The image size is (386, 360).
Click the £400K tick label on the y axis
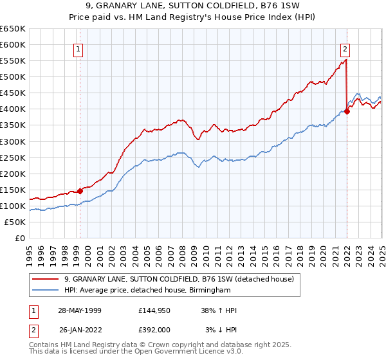[12, 109]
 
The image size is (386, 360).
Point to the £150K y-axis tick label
[12, 190]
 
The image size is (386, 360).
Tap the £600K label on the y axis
[12, 44]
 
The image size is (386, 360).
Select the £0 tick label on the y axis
[19, 238]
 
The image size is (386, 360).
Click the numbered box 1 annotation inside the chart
[78, 48]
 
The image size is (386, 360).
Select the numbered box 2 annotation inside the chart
[345, 48]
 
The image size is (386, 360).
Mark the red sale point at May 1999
[80, 191]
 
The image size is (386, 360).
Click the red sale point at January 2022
[347, 111]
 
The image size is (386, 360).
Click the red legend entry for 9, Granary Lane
[179, 279]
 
